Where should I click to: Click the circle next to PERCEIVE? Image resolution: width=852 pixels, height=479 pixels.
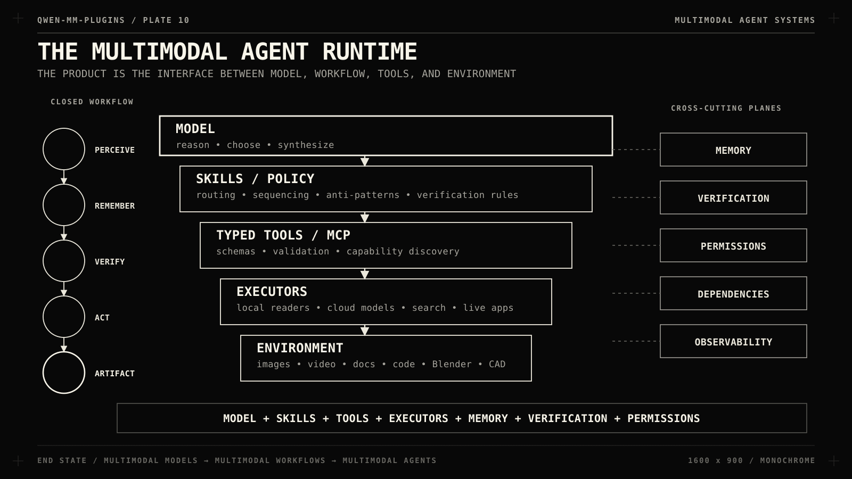[x=64, y=128]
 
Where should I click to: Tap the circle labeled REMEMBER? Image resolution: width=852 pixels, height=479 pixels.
[x=64, y=184]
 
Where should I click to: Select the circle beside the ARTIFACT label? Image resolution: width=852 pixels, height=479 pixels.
[x=64, y=352]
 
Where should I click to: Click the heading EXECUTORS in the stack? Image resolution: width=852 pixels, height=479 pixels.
[x=272, y=292]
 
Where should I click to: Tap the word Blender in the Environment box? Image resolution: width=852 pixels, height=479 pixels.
[x=452, y=364]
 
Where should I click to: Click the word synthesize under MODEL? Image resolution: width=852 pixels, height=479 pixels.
[x=306, y=145]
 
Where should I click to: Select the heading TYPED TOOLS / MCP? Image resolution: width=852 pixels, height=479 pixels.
[x=283, y=235]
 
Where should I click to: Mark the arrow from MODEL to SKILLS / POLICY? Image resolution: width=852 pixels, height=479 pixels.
[x=365, y=161]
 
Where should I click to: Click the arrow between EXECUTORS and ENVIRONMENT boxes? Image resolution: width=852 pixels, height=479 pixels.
[x=365, y=330]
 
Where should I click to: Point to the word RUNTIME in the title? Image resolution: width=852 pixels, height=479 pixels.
[x=370, y=52]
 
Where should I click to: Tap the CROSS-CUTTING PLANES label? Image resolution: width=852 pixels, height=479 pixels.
[x=726, y=109]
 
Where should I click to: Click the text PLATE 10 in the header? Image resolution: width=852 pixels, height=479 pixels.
[x=166, y=20]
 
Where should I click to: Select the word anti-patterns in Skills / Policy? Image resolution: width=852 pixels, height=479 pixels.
[x=363, y=195]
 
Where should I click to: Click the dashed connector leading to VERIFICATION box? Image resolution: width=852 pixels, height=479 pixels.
[x=636, y=197]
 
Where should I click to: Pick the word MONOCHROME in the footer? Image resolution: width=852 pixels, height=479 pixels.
[x=788, y=460]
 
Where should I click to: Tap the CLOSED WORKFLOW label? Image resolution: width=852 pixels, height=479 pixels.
[x=92, y=102]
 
